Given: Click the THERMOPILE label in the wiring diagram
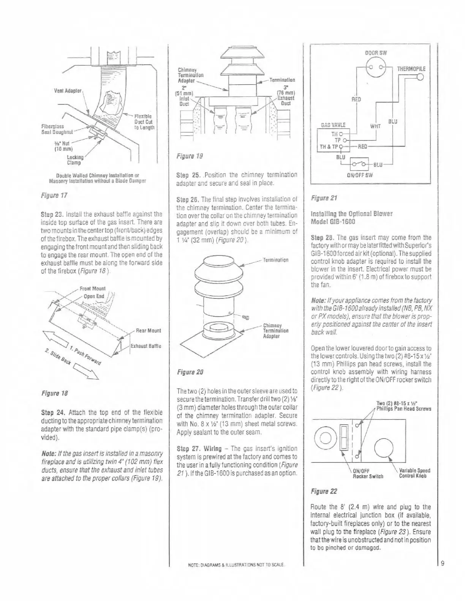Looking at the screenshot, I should point(411,69).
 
